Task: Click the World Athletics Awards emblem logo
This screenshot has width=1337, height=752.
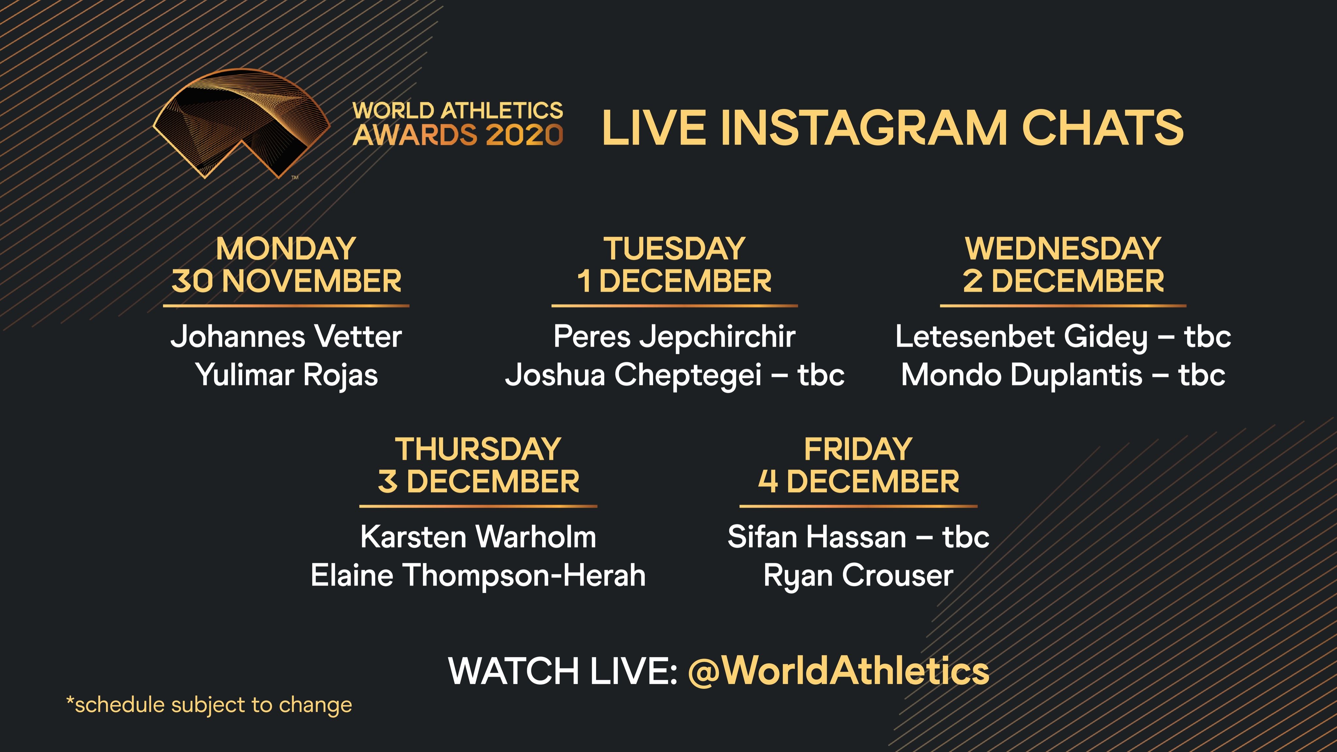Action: tap(241, 123)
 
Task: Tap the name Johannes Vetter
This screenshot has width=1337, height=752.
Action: tap(286, 336)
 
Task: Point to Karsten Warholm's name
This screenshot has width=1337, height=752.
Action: tap(478, 537)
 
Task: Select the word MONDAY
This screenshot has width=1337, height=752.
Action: tap(286, 249)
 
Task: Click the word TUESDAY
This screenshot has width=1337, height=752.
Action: tap(674, 249)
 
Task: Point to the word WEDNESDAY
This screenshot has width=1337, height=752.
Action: tap(1063, 249)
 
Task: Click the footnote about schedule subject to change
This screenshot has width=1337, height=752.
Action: tap(209, 705)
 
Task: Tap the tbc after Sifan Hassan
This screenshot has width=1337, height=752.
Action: tap(966, 537)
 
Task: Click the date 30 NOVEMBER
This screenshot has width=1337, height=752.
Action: tap(286, 281)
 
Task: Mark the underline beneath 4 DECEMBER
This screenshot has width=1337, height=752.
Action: tap(858, 506)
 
